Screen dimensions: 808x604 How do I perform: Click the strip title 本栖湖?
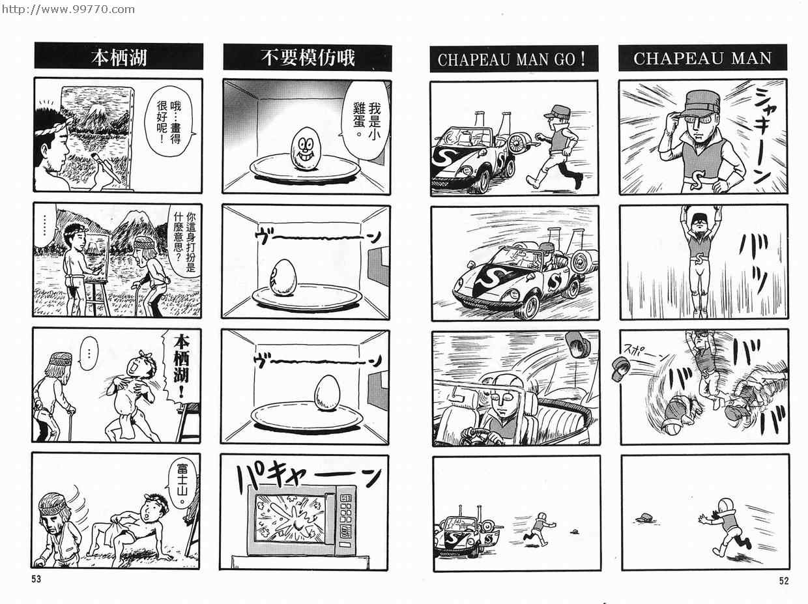click(119, 58)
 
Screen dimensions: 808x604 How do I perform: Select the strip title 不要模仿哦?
click(308, 58)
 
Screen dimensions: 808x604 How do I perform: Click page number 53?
click(36, 579)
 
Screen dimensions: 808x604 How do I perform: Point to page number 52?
click(784, 581)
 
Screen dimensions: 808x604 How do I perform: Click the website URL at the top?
click(68, 9)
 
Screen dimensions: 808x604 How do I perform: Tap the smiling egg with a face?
click(305, 149)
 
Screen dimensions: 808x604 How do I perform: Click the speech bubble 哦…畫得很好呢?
click(169, 121)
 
